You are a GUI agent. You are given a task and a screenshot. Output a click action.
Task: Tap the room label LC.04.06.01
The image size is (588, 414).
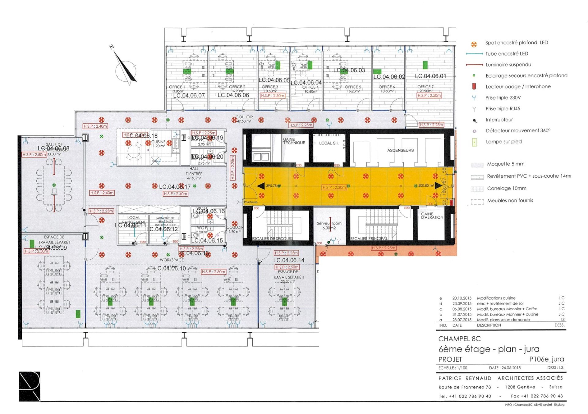(x=430, y=76)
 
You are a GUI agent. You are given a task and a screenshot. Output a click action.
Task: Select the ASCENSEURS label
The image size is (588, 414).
(x=400, y=150)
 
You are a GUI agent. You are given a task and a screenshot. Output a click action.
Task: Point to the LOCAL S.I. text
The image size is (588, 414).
(x=329, y=143)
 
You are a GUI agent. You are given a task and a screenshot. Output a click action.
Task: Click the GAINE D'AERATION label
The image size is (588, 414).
(x=432, y=216)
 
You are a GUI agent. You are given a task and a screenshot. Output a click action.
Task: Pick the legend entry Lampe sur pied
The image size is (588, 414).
(x=503, y=142)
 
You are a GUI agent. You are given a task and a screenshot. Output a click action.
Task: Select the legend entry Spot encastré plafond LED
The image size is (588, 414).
(x=516, y=43)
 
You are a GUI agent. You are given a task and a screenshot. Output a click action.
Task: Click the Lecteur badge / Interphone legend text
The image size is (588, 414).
(x=518, y=86)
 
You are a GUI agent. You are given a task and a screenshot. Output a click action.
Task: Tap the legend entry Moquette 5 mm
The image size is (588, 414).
(x=506, y=164)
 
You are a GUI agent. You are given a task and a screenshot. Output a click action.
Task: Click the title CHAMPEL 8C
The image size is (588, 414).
(x=459, y=339)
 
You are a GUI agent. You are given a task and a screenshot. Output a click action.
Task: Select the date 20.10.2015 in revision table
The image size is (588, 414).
(x=462, y=298)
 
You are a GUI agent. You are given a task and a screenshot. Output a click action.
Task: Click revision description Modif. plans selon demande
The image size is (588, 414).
(x=503, y=320)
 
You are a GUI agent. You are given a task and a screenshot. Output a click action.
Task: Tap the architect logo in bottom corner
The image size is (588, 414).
(x=30, y=386)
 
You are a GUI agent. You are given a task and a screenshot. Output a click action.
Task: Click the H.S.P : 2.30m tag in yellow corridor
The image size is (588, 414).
(x=334, y=187)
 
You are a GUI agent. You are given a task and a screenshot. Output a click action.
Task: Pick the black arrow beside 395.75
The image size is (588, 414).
(x=261, y=186)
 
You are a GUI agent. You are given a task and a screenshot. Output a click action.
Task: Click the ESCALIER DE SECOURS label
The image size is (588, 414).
(x=272, y=239)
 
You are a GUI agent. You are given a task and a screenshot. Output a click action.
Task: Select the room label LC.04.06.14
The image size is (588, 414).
(x=289, y=260)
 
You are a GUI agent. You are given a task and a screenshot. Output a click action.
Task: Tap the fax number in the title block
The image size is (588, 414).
(x=537, y=396)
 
